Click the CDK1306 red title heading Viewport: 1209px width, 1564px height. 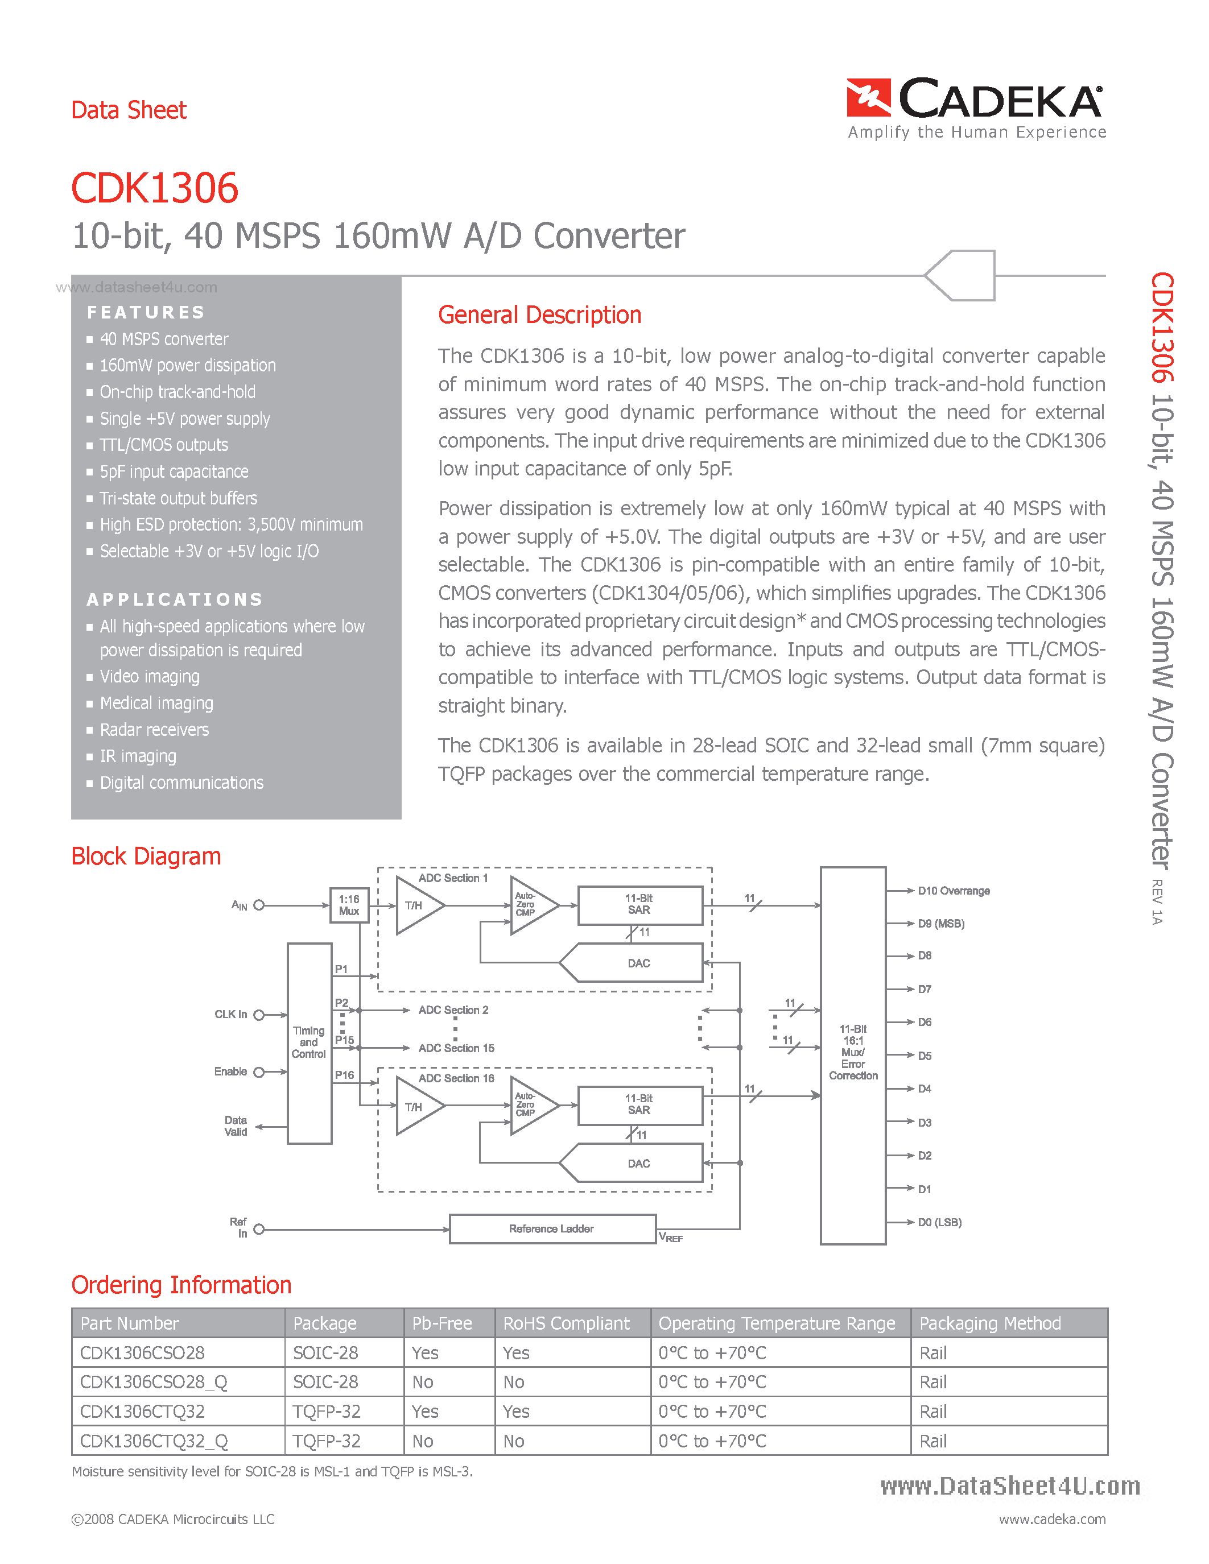click(x=155, y=188)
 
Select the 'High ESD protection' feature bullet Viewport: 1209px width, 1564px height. click(x=230, y=525)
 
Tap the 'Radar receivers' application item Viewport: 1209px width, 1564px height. click(x=154, y=730)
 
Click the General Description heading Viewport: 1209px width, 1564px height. click(x=539, y=315)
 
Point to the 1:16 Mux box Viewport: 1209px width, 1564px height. click(x=349, y=905)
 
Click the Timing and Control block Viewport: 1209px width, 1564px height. click(x=309, y=1042)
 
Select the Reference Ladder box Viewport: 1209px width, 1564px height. click(x=551, y=1229)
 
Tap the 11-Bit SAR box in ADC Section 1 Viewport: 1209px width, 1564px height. click(x=639, y=904)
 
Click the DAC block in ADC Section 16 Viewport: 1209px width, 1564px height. click(x=639, y=1163)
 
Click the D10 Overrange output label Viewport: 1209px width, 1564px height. click(x=954, y=891)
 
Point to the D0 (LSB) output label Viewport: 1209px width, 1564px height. click(x=939, y=1222)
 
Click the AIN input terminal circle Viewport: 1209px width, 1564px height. click(x=259, y=905)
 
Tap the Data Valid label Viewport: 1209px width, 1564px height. click(x=236, y=1126)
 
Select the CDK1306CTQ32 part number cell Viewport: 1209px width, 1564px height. click(x=143, y=1412)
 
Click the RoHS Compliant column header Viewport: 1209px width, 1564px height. click(x=566, y=1323)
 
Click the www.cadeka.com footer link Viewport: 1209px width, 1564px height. click(x=1051, y=1519)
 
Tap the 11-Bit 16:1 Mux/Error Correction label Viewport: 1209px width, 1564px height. click(x=853, y=1052)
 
